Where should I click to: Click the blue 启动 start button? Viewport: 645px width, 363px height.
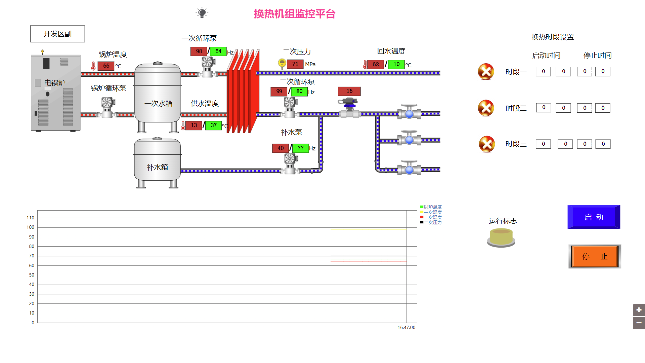coord(594,217)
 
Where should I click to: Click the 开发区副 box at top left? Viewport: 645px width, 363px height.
coord(57,34)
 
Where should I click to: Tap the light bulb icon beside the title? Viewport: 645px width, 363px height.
coord(202,13)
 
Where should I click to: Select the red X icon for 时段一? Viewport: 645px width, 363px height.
coord(486,72)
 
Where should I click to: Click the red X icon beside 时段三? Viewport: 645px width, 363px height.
coord(487,144)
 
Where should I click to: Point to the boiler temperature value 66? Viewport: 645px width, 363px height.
coord(106,66)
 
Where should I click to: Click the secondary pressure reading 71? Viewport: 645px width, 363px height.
coord(295,64)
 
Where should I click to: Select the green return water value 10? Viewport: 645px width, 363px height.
coord(396,64)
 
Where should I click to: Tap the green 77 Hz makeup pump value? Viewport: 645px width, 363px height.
coord(300,148)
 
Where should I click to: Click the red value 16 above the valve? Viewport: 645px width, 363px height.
coord(349,91)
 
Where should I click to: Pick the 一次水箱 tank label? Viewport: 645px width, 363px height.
coord(158,103)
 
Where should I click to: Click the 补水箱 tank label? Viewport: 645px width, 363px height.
coord(157,167)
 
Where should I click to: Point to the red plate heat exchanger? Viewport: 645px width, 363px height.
coord(243,92)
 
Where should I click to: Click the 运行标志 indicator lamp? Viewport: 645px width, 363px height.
coord(501,238)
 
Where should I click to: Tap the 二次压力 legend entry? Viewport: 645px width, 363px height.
coord(432,222)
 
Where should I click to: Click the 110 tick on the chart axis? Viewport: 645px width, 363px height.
coord(31,218)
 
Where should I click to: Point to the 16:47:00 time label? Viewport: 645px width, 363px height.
coord(406,327)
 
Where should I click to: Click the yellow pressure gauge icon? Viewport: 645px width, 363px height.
coord(282,63)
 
